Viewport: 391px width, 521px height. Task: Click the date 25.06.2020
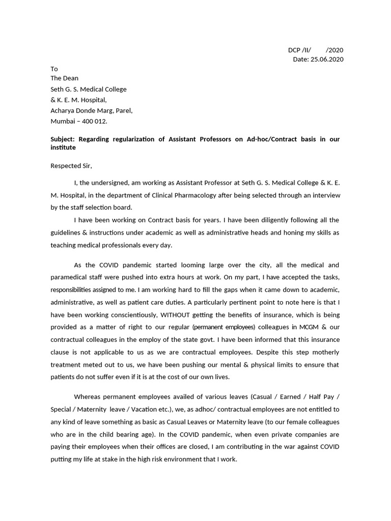pyautogui.click(x=326, y=60)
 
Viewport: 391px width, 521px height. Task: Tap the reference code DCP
pyautogui.click(x=294, y=50)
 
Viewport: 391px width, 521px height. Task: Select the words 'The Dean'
pyautogui.click(x=64, y=78)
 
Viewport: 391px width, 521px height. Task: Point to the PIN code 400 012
pyautogui.click(x=96, y=121)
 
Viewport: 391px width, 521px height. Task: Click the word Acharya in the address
pyautogui.click(x=63, y=110)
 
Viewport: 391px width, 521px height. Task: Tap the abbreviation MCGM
pyautogui.click(x=304, y=327)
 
